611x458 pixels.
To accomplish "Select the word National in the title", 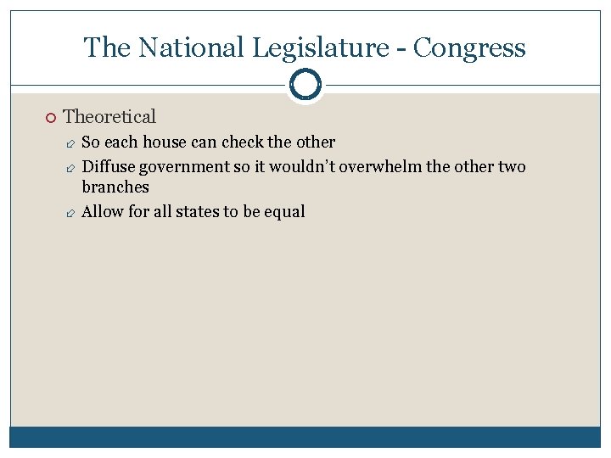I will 188,47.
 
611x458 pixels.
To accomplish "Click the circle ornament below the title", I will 305,85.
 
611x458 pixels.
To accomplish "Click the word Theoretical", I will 109,116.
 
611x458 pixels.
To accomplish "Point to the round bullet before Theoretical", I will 51,117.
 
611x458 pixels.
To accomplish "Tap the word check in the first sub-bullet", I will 243,142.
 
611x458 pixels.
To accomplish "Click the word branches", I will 115,187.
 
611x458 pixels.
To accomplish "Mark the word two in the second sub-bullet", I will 512,166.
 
